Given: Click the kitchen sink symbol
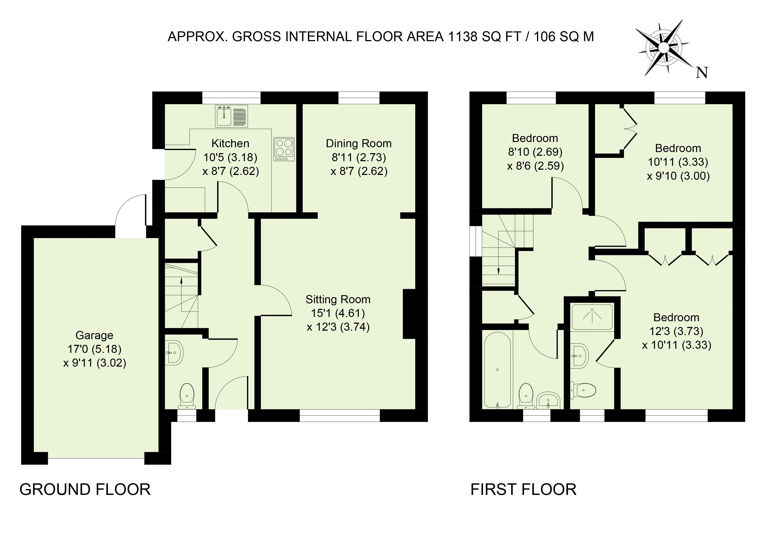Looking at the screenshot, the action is pos(232,116).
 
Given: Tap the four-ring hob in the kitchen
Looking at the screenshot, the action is pos(284,149).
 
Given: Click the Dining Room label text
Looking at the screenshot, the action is pos(359,143).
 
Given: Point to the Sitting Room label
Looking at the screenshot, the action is pos(338,300).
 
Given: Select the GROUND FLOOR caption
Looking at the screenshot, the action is pos(85,489).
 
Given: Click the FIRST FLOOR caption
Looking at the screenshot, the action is pos(523,489).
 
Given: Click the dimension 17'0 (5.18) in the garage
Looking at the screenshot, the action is pos(95,349).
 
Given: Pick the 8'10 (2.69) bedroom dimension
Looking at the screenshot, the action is pos(535,152).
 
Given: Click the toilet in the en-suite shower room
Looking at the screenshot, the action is pos(583,390).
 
